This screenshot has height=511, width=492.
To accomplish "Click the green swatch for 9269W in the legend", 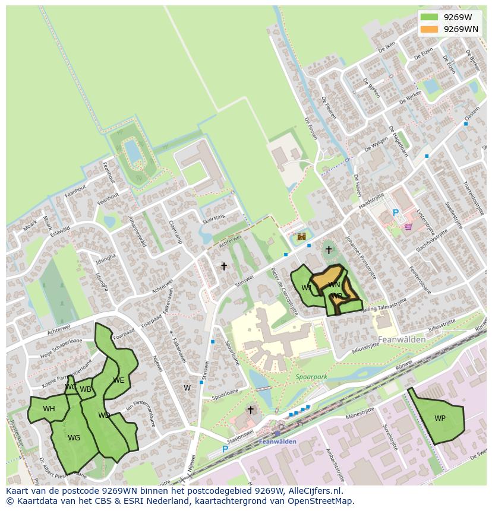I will [x=428, y=17].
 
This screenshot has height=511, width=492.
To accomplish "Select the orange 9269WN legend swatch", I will [x=428, y=29].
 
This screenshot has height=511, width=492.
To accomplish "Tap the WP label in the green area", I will [x=440, y=418].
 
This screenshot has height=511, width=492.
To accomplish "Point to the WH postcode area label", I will [x=49, y=409].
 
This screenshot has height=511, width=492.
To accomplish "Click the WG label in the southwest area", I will [x=74, y=438].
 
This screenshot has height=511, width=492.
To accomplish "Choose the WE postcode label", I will [x=119, y=380].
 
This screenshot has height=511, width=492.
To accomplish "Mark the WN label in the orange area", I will [x=334, y=285].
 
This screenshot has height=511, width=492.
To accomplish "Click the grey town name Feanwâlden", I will [x=402, y=339].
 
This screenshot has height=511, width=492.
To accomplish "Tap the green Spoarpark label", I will [x=311, y=376].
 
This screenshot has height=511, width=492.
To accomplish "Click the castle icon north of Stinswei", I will [x=302, y=236].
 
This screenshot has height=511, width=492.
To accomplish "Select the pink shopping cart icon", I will [x=408, y=226].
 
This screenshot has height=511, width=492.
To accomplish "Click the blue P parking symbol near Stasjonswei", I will [x=225, y=449].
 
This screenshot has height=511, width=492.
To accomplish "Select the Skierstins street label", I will [x=213, y=218].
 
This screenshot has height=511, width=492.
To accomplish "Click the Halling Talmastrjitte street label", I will [x=383, y=305].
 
